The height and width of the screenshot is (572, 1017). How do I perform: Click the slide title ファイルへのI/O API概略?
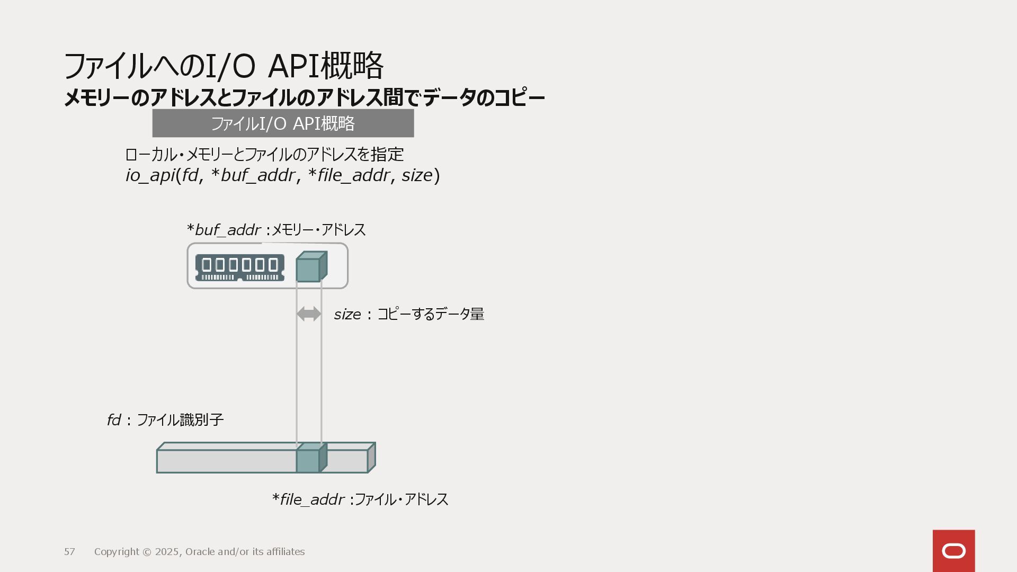point(223,66)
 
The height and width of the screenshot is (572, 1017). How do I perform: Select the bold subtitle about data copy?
point(304,98)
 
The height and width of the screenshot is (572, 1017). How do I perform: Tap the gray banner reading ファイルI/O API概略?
point(283,123)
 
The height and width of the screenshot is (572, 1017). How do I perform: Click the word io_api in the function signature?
point(150,175)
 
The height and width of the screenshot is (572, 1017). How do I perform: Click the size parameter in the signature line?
point(417,175)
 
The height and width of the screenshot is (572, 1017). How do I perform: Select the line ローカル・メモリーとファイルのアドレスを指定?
point(264,155)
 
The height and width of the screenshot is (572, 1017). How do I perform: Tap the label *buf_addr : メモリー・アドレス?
point(276,230)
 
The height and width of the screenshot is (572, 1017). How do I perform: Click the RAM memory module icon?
point(239,267)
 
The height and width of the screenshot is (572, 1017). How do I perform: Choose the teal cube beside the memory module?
point(310,267)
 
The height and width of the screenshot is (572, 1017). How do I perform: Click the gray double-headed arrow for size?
point(309,314)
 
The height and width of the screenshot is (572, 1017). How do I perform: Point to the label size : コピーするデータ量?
point(409,314)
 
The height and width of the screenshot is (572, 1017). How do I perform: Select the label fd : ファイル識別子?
point(165,420)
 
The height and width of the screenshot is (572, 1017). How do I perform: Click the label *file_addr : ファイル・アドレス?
point(360,499)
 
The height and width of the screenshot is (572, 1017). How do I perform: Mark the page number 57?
point(69,552)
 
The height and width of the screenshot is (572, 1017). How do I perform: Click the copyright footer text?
point(199,552)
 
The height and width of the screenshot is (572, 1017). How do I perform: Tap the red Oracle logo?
point(953,551)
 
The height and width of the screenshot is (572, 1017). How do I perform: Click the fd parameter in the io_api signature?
point(190,175)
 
